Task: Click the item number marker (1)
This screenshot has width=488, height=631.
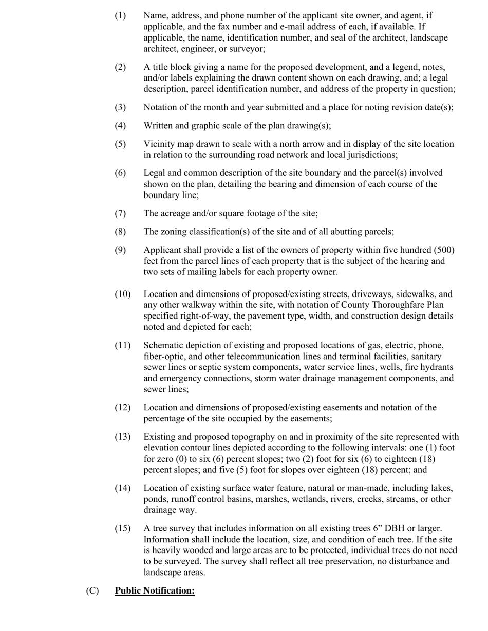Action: click(120, 16)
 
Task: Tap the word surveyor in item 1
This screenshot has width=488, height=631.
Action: click(249, 49)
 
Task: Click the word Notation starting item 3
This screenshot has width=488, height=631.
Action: click(161, 107)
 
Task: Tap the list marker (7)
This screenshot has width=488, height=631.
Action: click(120, 213)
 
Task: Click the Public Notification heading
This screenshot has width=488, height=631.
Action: click(155, 591)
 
